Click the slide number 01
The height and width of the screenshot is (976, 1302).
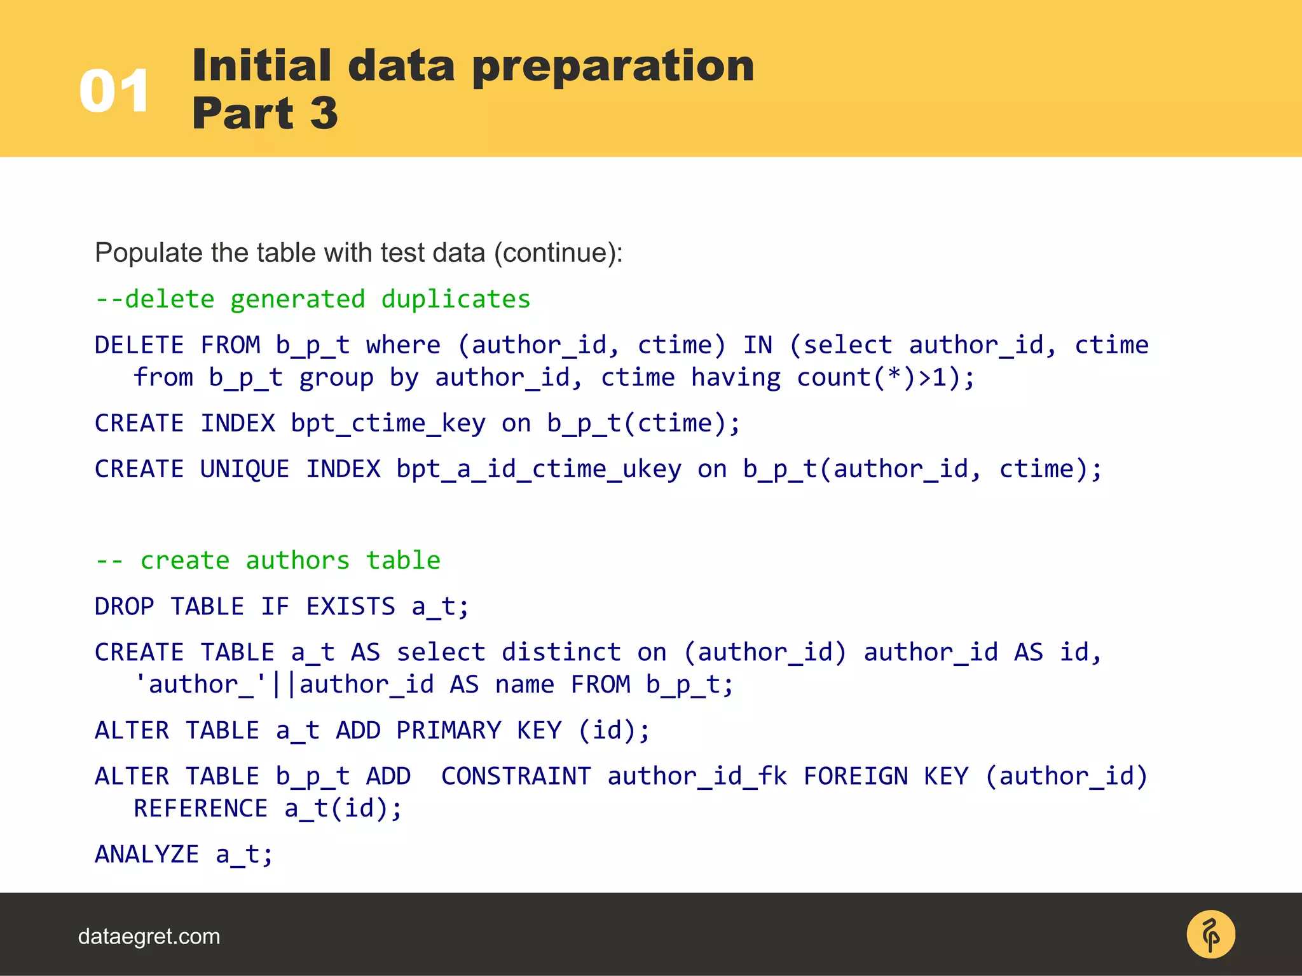(114, 91)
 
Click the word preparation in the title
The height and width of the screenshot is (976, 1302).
(613, 65)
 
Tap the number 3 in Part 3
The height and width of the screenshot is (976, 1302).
(324, 113)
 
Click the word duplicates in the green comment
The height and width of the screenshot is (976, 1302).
(455, 299)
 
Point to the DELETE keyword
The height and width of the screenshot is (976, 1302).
(139, 345)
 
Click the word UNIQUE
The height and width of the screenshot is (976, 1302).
(245, 470)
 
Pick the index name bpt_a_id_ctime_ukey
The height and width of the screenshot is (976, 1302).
(538, 470)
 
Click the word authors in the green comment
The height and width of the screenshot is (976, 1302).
(298, 560)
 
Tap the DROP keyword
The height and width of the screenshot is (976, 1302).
(125, 607)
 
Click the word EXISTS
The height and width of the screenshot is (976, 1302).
(350, 607)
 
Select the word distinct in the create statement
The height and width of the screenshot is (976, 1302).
(561, 653)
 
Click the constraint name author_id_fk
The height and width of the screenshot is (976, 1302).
(697, 776)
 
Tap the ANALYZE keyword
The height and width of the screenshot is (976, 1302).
(147, 855)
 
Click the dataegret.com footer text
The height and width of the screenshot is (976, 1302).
(149, 937)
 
